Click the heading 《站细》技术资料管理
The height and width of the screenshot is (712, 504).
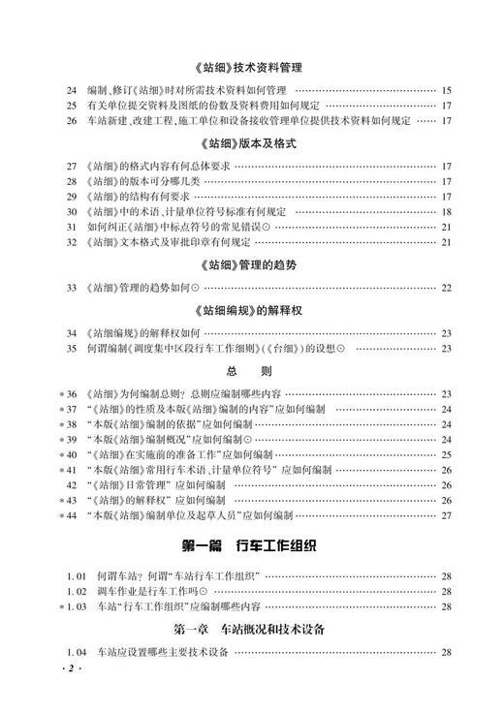[251, 68]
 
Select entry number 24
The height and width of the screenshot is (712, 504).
[72, 90]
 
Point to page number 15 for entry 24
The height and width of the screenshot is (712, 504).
[446, 90]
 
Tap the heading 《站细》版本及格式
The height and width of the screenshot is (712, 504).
[251, 142]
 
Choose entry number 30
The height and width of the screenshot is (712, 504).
[72, 211]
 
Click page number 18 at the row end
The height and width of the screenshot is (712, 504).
[446, 211]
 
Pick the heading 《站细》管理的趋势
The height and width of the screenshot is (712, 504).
[251, 264]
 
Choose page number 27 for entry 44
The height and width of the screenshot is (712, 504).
[446, 515]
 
